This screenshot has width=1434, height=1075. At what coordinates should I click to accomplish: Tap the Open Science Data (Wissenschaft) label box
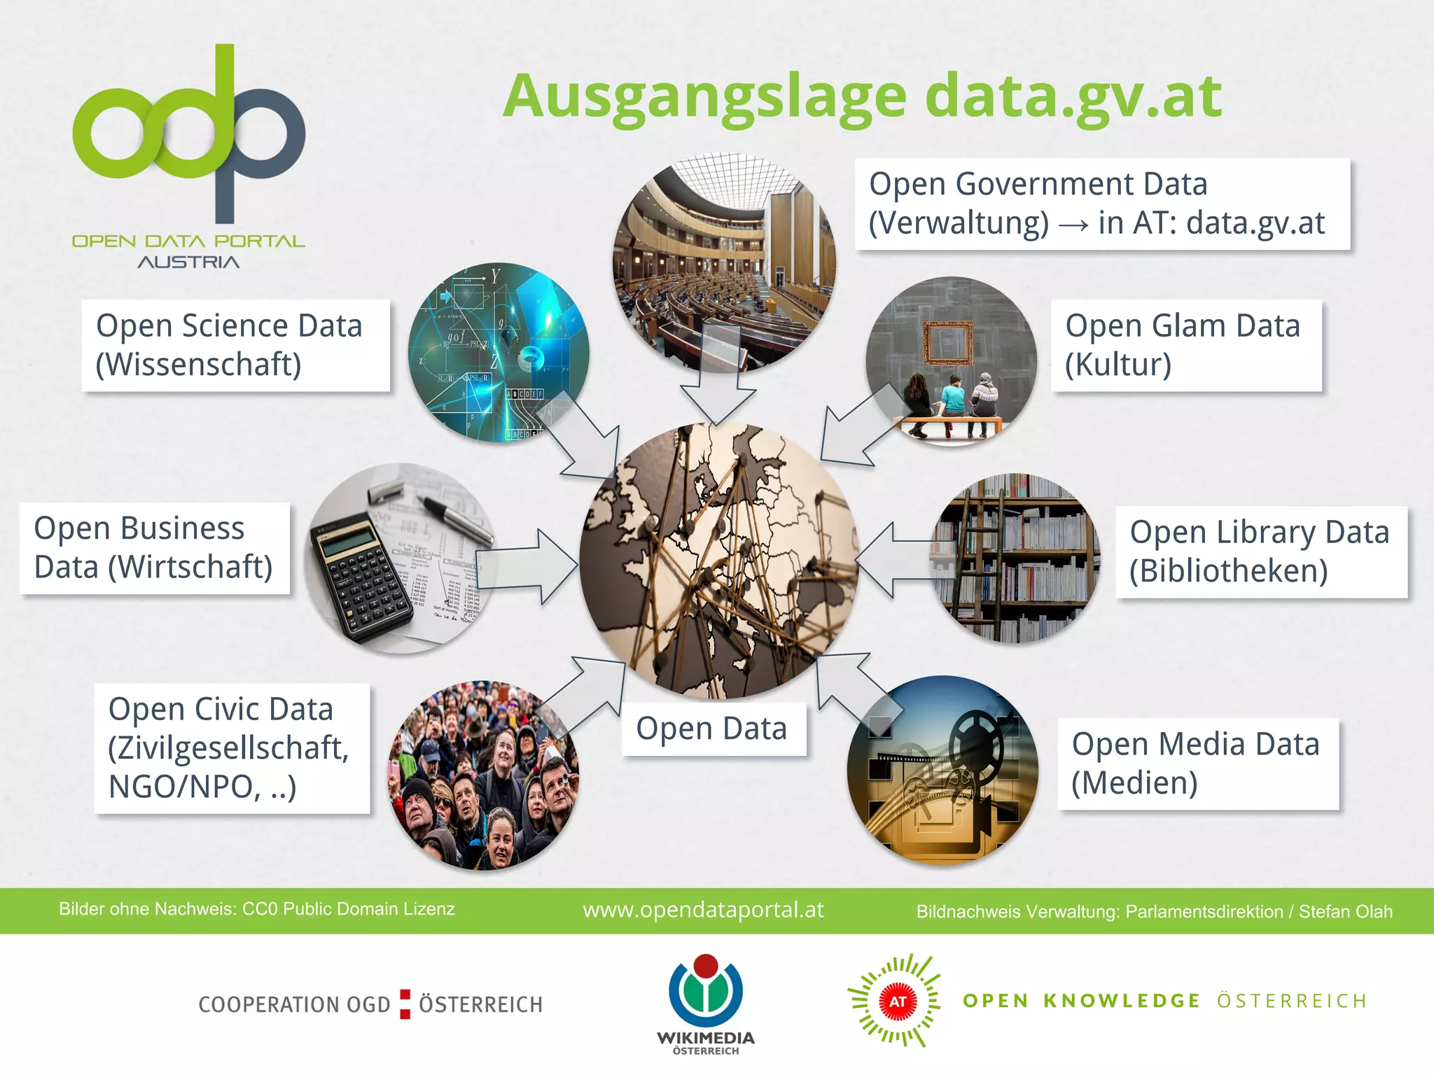[x=235, y=345]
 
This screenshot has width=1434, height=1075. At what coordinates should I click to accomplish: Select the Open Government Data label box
[x=1101, y=204]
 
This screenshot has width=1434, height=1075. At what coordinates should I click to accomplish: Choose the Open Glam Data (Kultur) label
[x=1185, y=345]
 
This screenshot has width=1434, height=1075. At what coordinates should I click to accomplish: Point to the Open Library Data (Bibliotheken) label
[x=1260, y=551]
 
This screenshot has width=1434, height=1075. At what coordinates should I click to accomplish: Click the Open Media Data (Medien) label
[x=1197, y=764]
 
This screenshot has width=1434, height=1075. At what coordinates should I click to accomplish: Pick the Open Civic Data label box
[x=231, y=748]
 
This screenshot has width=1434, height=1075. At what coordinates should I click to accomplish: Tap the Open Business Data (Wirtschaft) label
[x=154, y=548]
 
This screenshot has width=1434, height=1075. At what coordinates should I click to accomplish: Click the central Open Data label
[x=713, y=729]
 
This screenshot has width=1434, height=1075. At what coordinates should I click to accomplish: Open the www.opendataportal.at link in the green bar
[x=703, y=910]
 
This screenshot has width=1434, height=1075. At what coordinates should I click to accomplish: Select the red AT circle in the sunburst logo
[x=897, y=1002]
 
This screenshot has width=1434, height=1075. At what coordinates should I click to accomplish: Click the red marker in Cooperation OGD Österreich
[x=405, y=1004]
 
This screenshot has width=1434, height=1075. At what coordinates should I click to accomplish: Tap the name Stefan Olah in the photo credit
[x=1345, y=911]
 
